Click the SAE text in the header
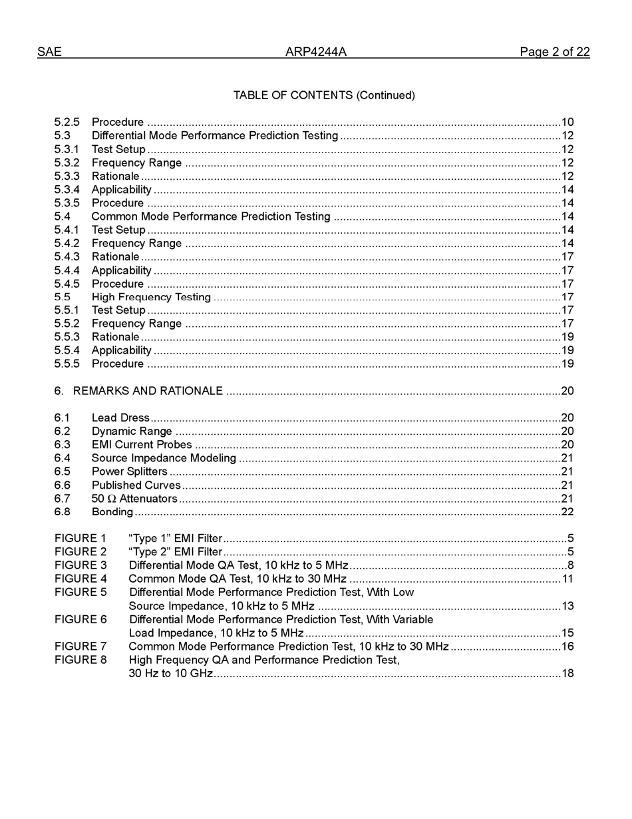pos(49,52)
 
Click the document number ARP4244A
pos(316,52)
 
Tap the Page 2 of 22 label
pos(554,52)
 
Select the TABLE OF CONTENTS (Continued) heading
pos(324,95)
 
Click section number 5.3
pos(62,136)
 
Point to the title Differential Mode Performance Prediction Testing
pos(215,136)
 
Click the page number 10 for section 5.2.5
pos(567,123)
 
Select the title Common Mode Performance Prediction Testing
pos(211,216)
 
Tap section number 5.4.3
pos(67,257)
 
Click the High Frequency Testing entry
pos(151,297)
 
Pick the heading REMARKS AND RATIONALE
pos(148,391)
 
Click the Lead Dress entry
pos(120,418)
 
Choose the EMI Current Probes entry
pos(142,445)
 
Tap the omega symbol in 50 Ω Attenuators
pos(111,499)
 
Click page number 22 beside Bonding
pos(567,512)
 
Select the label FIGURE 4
pos(80,579)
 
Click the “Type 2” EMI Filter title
pos(175,552)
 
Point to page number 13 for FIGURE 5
pos(567,606)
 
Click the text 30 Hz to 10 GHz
pos(170,673)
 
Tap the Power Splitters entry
pos(129,471)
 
